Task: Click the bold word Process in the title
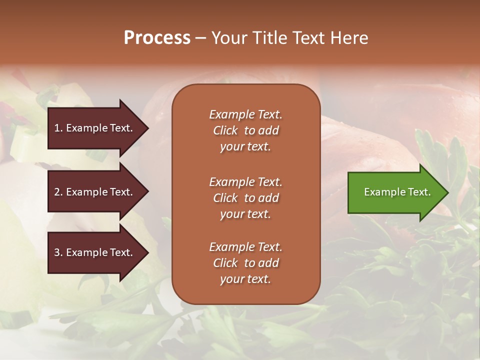tap(157, 38)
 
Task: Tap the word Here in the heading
tap(349, 38)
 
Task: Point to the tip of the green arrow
tap(447, 192)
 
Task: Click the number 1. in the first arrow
tap(58, 128)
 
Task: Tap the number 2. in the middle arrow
tap(58, 192)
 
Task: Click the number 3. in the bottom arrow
tap(58, 252)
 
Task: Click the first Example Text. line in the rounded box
tap(245, 114)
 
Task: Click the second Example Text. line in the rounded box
tap(245, 181)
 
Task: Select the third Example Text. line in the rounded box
tap(245, 247)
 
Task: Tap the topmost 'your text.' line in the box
tap(245, 147)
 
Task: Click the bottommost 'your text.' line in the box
tap(245, 279)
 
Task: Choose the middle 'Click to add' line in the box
tap(245, 198)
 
